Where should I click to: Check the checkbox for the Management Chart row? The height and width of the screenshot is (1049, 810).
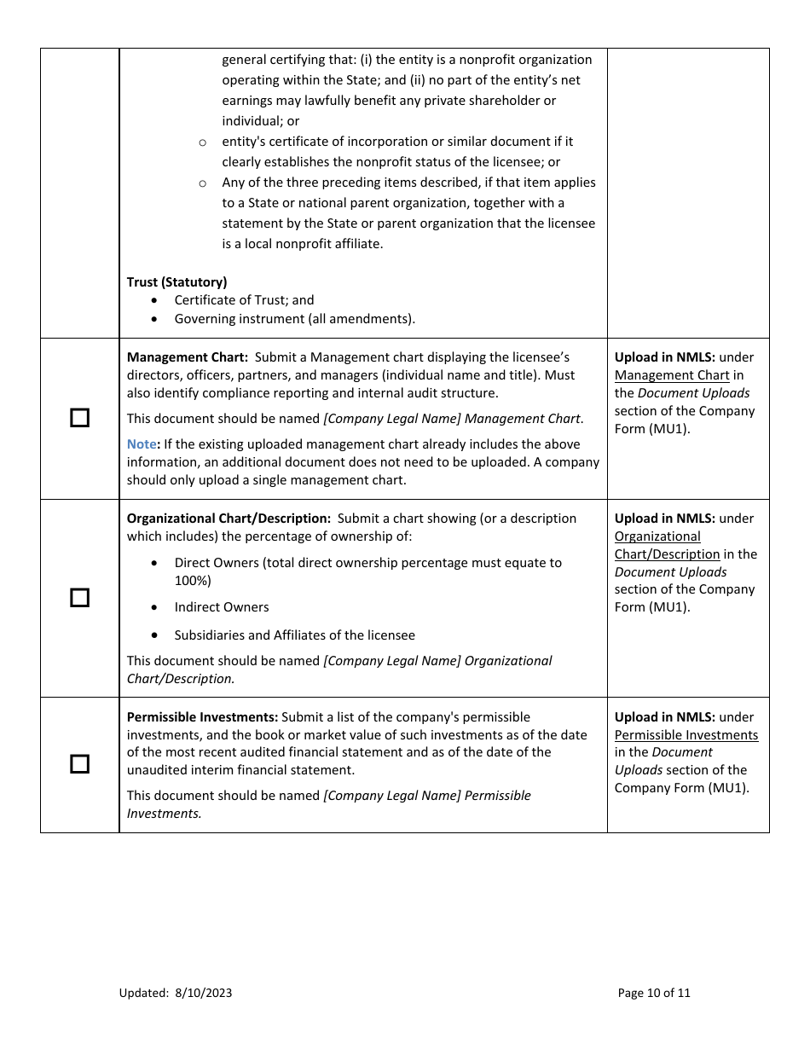79,418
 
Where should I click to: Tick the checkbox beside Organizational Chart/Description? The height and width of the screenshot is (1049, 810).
79,598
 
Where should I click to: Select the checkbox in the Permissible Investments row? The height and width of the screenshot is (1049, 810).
79,764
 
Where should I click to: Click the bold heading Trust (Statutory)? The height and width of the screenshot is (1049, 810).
176,281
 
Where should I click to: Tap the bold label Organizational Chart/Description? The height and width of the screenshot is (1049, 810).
229,519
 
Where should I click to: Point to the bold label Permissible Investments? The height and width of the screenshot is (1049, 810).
202,717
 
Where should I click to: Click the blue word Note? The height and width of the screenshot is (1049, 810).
141,444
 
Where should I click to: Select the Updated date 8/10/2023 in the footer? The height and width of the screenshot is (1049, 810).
203,993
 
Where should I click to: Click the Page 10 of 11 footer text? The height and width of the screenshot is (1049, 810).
654,993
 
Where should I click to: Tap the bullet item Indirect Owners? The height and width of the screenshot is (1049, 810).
222,607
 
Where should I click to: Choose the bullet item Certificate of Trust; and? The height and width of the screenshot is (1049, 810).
244,300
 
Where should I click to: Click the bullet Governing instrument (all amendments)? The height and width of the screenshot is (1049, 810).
294,319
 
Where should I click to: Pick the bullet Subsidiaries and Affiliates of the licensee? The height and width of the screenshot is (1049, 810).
294,635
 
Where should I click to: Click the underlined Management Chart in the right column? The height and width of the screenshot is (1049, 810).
672,375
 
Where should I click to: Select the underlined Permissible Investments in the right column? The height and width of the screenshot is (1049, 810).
686,735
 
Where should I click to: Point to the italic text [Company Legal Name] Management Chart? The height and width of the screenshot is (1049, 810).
453,419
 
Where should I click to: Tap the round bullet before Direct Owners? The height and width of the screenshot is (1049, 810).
153,564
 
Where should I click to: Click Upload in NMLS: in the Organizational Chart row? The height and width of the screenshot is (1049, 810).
664,519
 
